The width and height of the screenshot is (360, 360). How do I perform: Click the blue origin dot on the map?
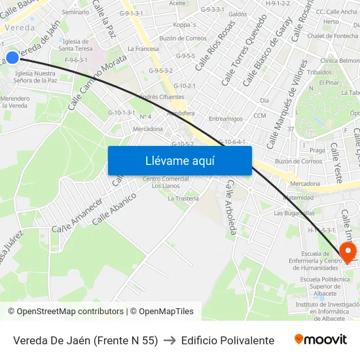click(x=12, y=57)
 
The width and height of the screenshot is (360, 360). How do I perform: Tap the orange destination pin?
click(x=347, y=252)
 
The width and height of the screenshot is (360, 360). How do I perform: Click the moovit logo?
click(x=321, y=340)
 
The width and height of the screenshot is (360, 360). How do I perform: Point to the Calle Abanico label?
click(x=115, y=208)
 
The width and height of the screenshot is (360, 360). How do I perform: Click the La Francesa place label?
click(x=143, y=48)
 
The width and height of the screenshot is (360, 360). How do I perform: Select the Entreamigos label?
click(x=225, y=118)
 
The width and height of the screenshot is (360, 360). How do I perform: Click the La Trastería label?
click(x=183, y=198)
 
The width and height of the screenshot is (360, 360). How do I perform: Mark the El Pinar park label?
click(x=329, y=83)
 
